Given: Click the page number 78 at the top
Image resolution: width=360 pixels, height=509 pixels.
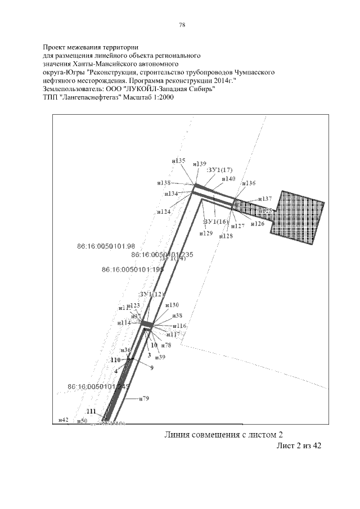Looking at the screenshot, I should tap(182, 25).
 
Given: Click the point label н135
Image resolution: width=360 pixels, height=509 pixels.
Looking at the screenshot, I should tap(179, 161).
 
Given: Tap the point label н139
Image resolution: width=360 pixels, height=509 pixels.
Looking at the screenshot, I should tap(200, 164).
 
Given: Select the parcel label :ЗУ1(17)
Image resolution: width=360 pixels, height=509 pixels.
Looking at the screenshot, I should tap(219, 169).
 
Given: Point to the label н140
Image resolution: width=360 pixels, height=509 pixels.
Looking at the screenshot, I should tap(228, 179).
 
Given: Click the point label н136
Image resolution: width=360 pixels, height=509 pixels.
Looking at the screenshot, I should tap(248, 183).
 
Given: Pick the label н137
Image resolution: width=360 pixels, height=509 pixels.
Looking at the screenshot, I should tap(265, 199).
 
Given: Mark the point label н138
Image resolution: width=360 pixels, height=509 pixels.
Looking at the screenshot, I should tap(164, 183).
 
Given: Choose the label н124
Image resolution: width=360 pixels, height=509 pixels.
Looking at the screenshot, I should tap(164, 211).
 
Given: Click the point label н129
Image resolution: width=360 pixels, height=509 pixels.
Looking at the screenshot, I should tap(207, 233).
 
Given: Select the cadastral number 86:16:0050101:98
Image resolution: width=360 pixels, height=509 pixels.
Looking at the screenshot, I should tap(106, 246).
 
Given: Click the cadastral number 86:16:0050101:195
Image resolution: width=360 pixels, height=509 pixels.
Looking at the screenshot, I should tap(125, 270).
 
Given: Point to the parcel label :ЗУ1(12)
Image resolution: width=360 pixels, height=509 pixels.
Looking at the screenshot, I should tap(152, 294).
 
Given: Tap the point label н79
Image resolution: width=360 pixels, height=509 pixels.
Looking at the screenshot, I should tap(144, 399).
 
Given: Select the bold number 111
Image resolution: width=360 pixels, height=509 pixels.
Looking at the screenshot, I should tap(91, 410).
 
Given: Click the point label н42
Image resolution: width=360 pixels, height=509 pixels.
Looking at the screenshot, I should tap(64, 420).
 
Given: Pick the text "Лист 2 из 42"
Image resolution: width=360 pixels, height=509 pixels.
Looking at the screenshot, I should tap(299, 446).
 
